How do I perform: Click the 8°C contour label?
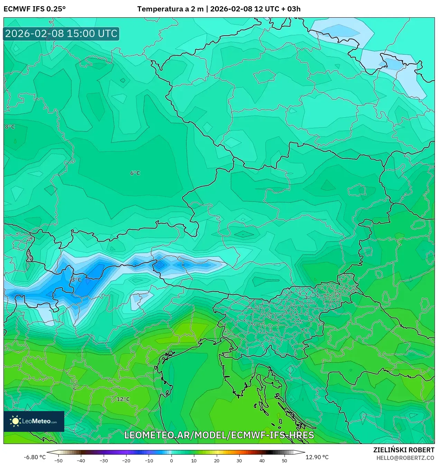point(10,127)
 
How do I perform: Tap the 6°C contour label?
point(135,173)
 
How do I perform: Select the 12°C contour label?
point(123,399)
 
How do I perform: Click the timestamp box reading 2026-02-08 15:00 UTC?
point(61,34)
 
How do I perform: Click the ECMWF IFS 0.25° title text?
point(35,9)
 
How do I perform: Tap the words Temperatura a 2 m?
point(170,9)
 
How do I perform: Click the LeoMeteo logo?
point(34,421)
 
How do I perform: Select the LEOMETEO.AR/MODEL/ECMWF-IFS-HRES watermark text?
point(219,435)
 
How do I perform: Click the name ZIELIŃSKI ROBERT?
point(403,450)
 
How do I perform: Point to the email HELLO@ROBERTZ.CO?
point(405,457)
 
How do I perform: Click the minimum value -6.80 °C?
point(35,457)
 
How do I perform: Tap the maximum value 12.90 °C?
point(317,457)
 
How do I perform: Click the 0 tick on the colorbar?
point(171,460)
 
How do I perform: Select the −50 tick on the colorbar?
point(58,460)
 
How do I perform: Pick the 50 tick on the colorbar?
point(285,460)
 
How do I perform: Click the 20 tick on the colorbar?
point(217,460)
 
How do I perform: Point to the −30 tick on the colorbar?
point(104,460)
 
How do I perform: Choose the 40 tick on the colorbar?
point(262,460)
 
